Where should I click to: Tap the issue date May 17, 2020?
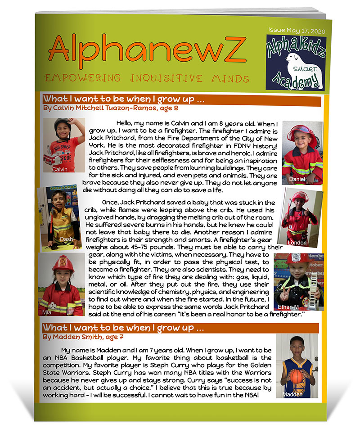297,30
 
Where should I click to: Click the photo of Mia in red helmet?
61,284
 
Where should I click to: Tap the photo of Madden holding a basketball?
297,365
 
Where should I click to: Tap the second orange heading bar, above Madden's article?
180,327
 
